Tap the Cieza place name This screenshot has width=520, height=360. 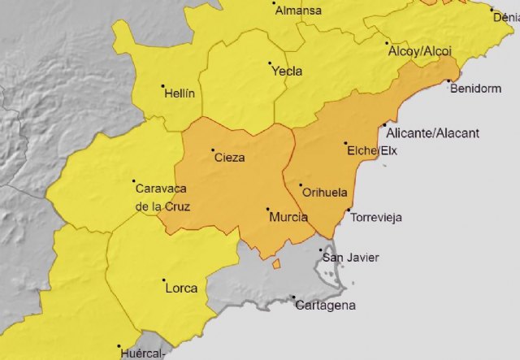pos(229,158)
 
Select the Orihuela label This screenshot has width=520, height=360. pos(325,193)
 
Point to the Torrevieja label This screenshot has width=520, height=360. pos(376,218)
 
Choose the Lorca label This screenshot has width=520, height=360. pos(181,288)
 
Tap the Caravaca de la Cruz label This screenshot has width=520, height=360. pos(162,197)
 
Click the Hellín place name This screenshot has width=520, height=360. pos(180,93)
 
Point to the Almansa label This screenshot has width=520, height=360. pos(298,11)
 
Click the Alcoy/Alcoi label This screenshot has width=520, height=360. pos(419,50)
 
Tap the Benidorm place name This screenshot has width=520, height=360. pos(476,89)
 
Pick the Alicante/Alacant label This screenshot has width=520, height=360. pos(433,133)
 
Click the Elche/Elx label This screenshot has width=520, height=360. pos(372,150)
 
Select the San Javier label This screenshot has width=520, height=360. pos(351,258)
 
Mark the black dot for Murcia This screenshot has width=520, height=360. pos(268,210)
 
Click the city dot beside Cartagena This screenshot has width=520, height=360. pos(293,297)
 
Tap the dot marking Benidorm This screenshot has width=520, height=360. pos(448,80)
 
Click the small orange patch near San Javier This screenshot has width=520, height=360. pos(276,263)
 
